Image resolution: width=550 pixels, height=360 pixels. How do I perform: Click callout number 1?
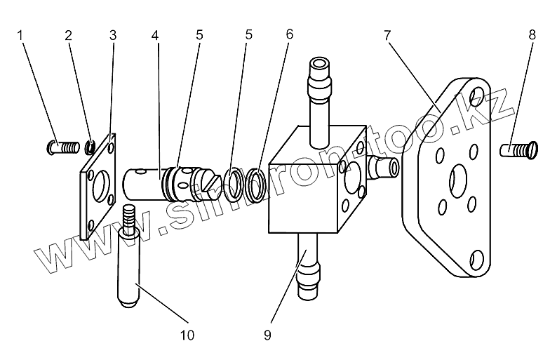(22, 34)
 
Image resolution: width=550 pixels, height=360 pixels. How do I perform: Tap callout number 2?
(67, 34)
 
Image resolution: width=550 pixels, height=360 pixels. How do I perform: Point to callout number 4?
(155, 34)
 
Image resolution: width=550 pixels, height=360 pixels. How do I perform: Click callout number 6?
(289, 34)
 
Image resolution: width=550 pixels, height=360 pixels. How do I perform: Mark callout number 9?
(267, 335)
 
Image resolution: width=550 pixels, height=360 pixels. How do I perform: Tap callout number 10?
(186, 335)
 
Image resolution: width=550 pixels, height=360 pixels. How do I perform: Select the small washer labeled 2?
(90, 147)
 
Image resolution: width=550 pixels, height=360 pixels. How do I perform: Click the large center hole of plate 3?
(100, 183)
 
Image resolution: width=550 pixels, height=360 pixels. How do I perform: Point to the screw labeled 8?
(518, 149)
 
